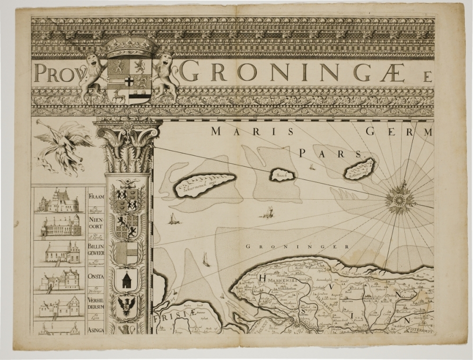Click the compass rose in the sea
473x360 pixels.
400,199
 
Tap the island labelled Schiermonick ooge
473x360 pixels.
204,183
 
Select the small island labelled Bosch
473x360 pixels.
282,175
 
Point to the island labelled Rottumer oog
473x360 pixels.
359,169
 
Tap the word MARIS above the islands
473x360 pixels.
236,132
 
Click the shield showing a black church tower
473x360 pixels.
127,281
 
